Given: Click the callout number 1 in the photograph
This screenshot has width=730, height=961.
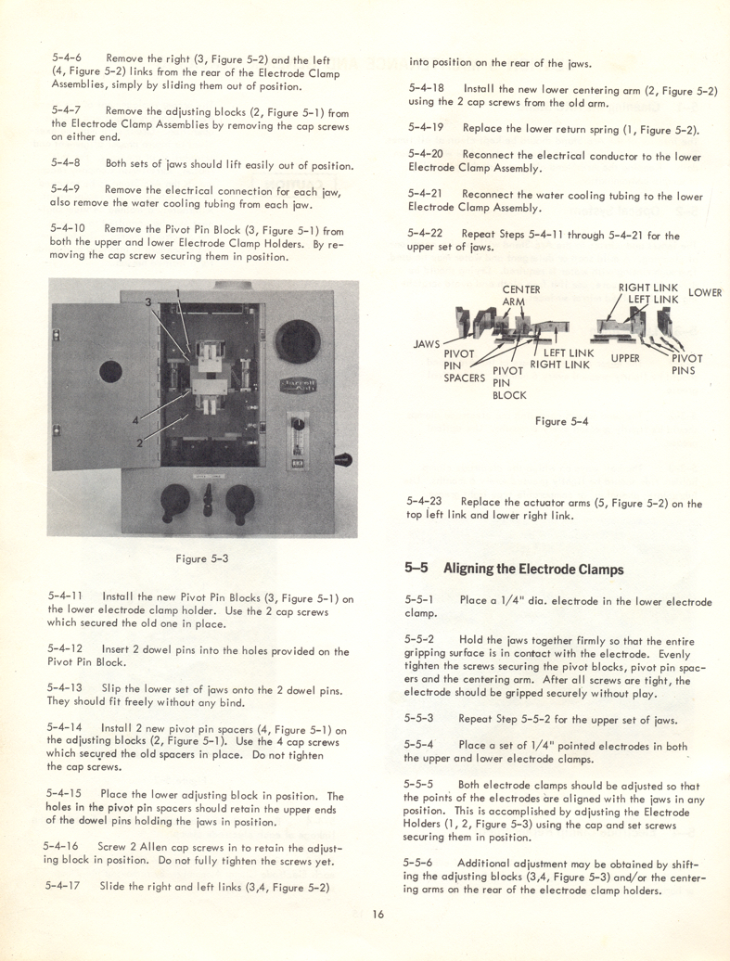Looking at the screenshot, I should pyautogui.click(x=177, y=295).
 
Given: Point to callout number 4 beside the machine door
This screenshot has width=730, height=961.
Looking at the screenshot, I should pyautogui.click(x=135, y=418).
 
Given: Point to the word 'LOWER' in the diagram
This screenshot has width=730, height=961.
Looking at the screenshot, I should pyautogui.click(x=705, y=293).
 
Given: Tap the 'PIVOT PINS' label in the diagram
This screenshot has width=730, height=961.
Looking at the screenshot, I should pyautogui.click(x=686, y=365).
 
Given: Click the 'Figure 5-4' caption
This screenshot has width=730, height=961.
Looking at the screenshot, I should pyautogui.click(x=560, y=420).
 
